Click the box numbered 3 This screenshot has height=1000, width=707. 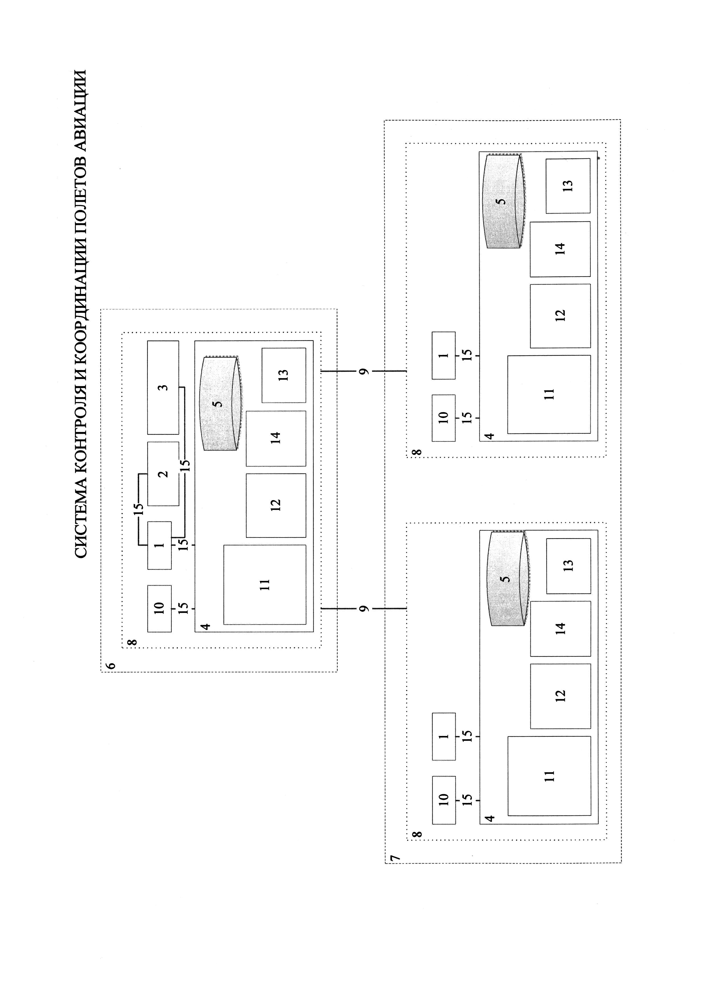[163, 387]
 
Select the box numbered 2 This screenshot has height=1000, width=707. [163, 474]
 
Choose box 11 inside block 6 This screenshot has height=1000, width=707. [265, 585]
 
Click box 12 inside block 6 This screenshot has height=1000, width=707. [276, 505]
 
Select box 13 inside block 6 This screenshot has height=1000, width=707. [283, 375]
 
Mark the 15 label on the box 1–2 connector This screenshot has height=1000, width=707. [139, 509]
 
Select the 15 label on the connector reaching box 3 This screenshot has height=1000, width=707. [184, 465]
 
